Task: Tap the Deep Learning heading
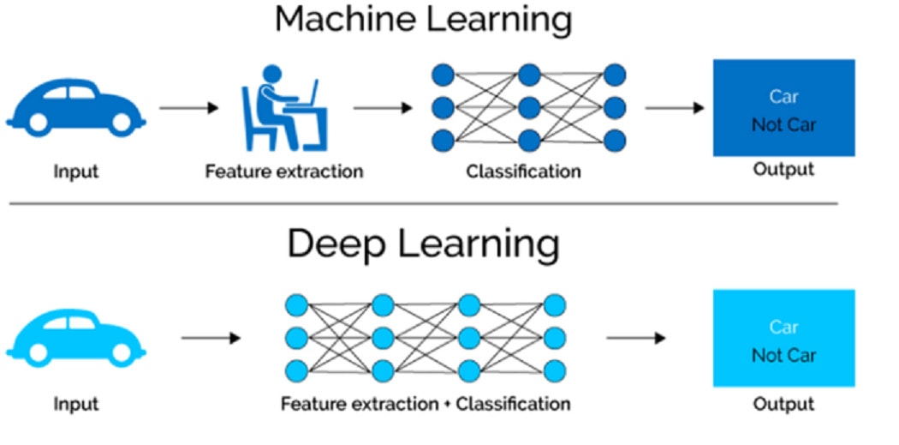(423, 244)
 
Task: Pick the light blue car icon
(75, 335)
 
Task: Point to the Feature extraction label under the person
(283, 171)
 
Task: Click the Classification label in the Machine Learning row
(523, 171)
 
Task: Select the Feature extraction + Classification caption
(426, 403)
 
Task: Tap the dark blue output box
(783, 107)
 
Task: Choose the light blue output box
(783, 338)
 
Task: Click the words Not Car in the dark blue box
(783, 125)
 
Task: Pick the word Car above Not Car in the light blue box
(783, 327)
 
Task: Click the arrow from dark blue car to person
(189, 108)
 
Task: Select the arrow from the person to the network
(383, 108)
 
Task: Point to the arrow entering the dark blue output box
(675, 108)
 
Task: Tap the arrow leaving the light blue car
(211, 338)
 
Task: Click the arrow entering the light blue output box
(635, 338)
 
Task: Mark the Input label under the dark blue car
(76, 171)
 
